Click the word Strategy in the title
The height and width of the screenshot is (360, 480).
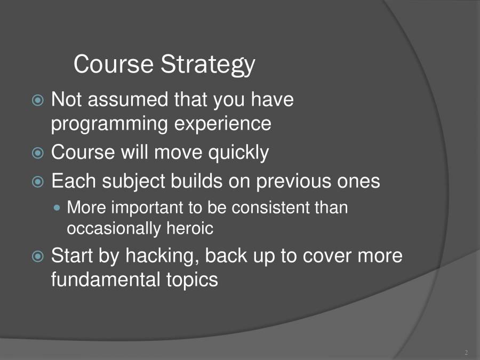[208, 65]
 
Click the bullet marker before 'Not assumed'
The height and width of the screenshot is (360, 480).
[38, 100]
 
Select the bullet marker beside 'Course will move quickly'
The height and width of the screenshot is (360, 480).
[38, 153]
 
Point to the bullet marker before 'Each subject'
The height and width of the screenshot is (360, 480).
[38, 182]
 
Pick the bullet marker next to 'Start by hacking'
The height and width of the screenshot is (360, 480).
[38, 256]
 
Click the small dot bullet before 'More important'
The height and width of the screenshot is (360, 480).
[57, 208]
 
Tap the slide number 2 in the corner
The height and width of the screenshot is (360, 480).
[466, 353]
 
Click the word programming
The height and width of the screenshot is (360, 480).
[109, 125]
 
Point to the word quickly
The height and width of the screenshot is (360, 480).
[238, 153]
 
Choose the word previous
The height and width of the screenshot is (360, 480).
[293, 181]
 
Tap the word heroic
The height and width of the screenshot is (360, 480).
[190, 228]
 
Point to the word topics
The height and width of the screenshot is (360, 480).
[192, 281]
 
